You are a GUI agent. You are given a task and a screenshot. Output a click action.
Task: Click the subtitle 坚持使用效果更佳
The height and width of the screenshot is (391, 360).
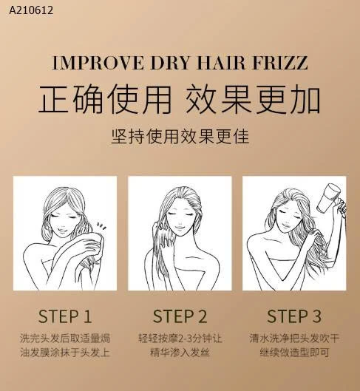point(180,135)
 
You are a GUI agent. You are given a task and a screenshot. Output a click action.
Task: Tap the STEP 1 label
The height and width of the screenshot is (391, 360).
point(65,317)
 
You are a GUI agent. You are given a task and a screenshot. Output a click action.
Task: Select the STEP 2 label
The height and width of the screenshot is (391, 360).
point(180,317)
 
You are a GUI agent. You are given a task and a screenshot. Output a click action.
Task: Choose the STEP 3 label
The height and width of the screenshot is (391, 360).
point(293,317)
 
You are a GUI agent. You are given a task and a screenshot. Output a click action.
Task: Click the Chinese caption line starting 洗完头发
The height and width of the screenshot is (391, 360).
point(65,338)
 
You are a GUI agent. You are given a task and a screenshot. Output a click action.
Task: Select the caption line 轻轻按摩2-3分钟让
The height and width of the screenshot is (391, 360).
point(180,338)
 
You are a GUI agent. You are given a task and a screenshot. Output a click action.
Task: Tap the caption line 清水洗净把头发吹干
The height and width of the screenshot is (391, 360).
point(293,338)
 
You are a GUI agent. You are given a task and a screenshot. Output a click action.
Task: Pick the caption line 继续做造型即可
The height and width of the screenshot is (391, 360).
point(293,353)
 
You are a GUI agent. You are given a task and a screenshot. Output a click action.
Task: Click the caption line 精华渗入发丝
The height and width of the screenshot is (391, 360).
point(180,353)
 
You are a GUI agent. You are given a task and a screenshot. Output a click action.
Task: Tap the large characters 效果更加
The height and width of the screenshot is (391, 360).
point(255,98)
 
